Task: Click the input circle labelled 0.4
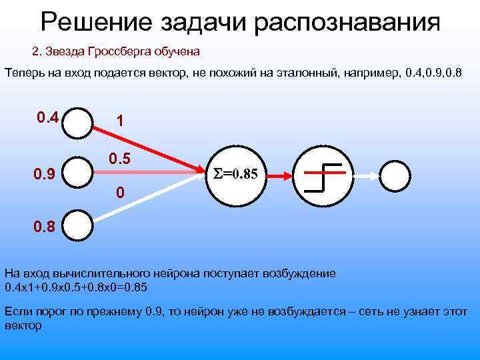click(x=81, y=122)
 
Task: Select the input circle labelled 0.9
click(x=81, y=175)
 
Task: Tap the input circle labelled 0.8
click(x=81, y=226)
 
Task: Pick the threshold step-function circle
click(x=324, y=175)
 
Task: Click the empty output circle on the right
click(x=396, y=175)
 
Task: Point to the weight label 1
click(x=119, y=121)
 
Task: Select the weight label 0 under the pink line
click(x=119, y=194)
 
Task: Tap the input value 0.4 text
click(x=47, y=118)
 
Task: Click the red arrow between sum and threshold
click(x=278, y=175)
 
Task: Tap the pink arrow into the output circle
click(x=364, y=175)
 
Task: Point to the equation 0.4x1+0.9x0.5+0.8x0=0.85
click(x=76, y=287)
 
